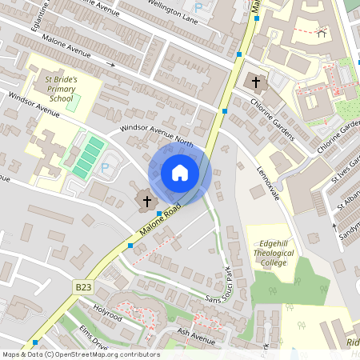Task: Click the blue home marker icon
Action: (180, 173)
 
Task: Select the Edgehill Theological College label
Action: (272, 257)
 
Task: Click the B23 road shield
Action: (84, 286)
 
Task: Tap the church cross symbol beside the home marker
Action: (147, 200)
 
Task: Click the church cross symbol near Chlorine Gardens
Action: (256, 82)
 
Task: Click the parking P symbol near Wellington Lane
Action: (210, 6)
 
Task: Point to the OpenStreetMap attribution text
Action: (81, 354)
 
